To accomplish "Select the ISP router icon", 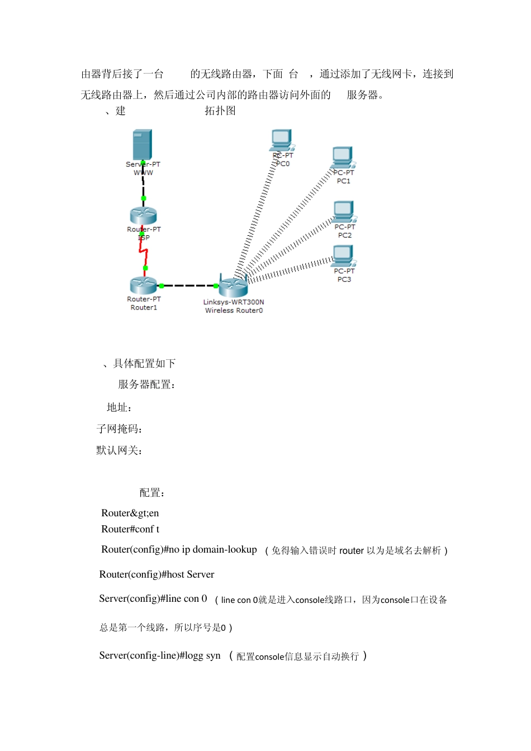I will pos(143,216).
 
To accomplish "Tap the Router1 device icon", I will pos(143,285).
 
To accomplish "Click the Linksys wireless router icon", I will pos(233,287).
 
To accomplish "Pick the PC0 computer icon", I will pos(282,140).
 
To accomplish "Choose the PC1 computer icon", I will pos(343,157).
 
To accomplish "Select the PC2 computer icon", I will pos(344,212).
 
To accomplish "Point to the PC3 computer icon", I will pos(343,256).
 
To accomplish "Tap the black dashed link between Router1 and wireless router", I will pos(189,286).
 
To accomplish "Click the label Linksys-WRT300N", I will pos(234,302).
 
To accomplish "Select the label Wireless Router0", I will pos(234,311).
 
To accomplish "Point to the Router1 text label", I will pos(144,307).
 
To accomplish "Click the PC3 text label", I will pos(344,279).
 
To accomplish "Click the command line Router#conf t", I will pos(130,529).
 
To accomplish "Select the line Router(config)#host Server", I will pos(157,574).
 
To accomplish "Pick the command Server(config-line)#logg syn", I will pos(160,655).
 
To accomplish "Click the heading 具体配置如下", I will pos(144,364).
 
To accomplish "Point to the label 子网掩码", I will pos(119,429).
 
